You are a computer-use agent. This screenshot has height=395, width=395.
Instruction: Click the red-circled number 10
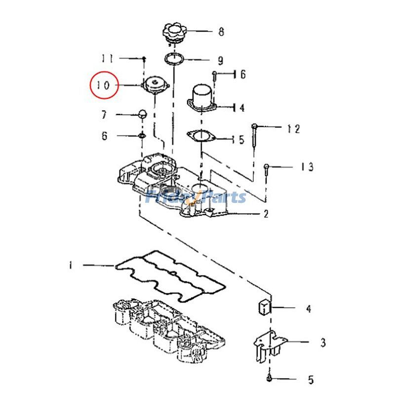tap(104, 85)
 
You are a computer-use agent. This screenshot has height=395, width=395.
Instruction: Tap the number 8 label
tap(221, 32)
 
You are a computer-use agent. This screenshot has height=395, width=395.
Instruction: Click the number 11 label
tap(108, 58)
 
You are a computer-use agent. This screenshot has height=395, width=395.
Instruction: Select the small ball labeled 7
tap(142, 114)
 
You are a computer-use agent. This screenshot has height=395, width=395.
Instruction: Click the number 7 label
tap(104, 116)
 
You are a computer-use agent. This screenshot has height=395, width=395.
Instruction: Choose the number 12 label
tap(293, 129)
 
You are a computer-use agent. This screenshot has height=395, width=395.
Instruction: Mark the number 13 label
tap(307, 167)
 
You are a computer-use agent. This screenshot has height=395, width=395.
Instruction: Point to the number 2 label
tap(266, 214)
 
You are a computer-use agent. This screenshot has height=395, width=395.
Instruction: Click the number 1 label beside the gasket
tap(71, 266)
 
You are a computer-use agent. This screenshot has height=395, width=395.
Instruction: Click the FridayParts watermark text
tap(197, 197)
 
